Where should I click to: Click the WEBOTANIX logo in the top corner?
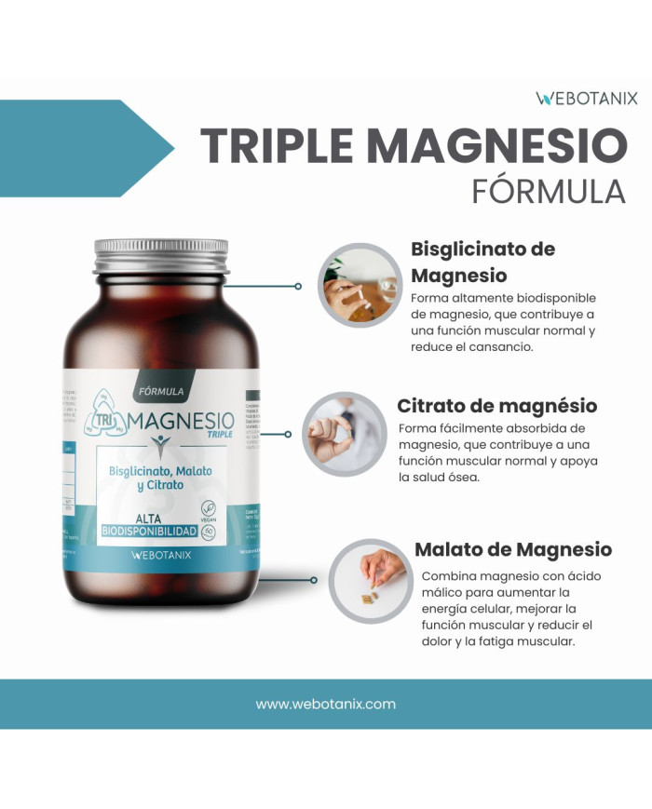click(587, 97)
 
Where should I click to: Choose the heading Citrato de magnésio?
click(496, 406)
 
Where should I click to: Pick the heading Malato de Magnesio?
click(512, 549)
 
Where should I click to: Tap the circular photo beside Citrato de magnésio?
click(345, 434)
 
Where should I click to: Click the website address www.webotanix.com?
click(326, 704)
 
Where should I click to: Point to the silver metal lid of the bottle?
click(160, 253)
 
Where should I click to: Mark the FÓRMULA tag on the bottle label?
click(160, 392)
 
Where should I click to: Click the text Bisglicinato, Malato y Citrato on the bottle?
click(159, 479)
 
